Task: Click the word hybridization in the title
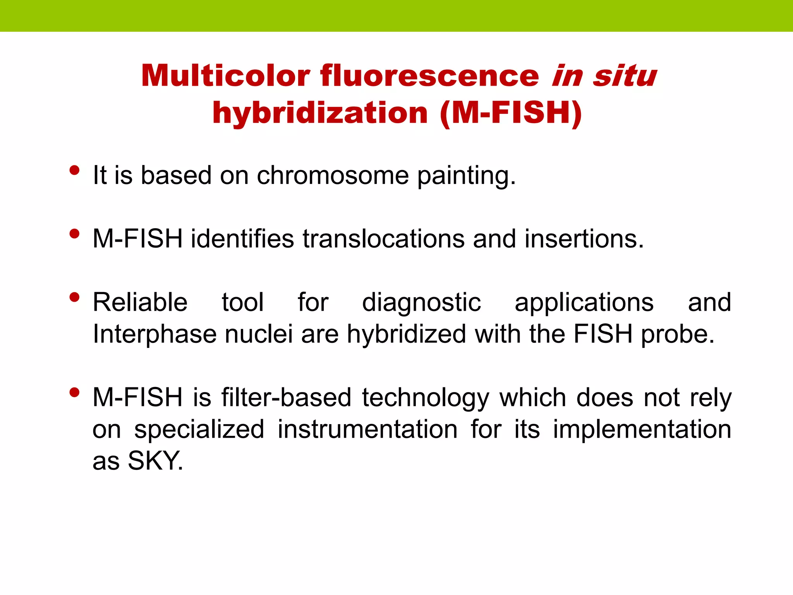click(x=320, y=113)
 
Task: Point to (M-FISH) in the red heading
click(x=511, y=113)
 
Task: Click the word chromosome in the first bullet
click(x=333, y=175)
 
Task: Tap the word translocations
click(x=383, y=239)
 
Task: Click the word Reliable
click(x=140, y=302)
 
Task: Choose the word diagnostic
click(x=421, y=303)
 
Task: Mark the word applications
click(x=584, y=303)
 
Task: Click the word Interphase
click(x=154, y=334)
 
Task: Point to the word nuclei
click(x=259, y=334)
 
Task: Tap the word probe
click(x=677, y=335)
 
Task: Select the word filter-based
click(x=286, y=398)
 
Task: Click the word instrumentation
click(x=367, y=430)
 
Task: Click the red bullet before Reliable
click(x=74, y=297)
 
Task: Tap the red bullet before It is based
click(x=74, y=170)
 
